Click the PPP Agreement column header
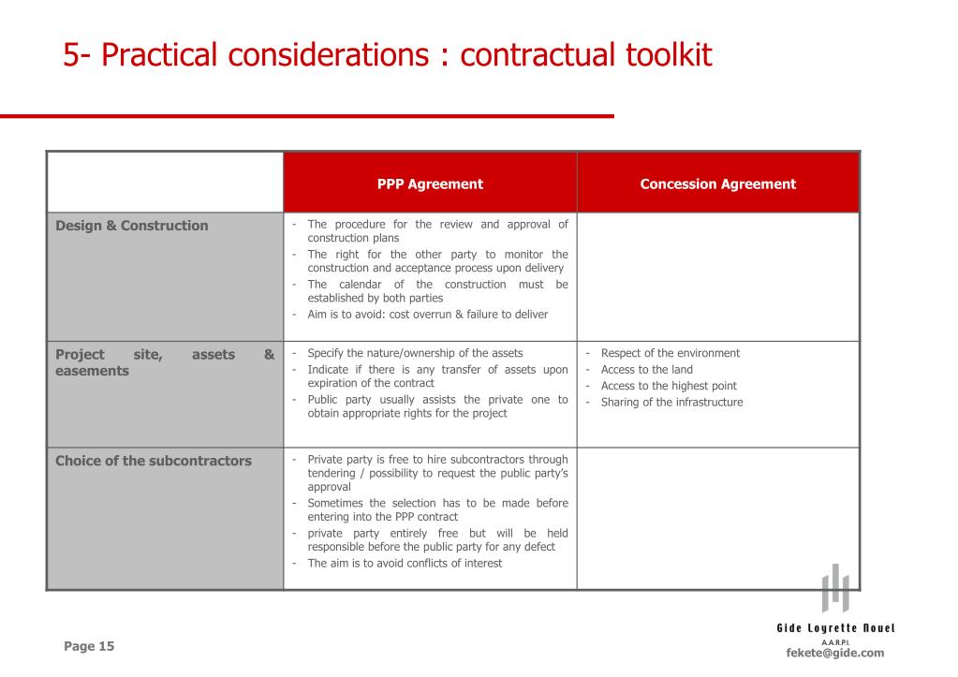point(430,184)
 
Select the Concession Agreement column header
point(717,184)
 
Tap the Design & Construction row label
point(132,226)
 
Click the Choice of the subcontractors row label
point(154,461)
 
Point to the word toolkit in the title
point(663,55)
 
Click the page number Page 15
point(89,646)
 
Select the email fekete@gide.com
point(834,653)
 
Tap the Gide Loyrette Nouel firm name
point(835,627)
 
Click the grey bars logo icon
point(835,588)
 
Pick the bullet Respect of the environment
point(670,353)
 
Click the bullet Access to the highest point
point(669,386)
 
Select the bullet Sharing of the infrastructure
point(671,403)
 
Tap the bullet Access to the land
point(646,370)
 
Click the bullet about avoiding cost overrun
point(427,315)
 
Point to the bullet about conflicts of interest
point(405,564)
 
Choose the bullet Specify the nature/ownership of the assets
point(415,353)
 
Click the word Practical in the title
point(159,55)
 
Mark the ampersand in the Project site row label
point(269,355)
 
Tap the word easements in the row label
point(93,371)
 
